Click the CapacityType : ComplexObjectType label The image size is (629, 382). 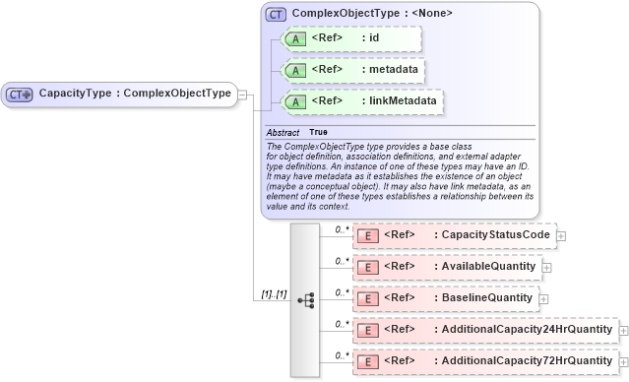pyautogui.click(x=135, y=95)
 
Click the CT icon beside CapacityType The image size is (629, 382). pyautogui.click(x=20, y=95)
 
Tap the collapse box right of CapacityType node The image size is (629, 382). pyautogui.click(x=243, y=95)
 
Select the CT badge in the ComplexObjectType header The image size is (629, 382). pyautogui.click(x=275, y=15)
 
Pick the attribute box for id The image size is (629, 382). pyautogui.click(x=350, y=39)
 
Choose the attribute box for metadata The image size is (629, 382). pyautogui.click(x=350, y=71)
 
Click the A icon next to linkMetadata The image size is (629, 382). pyautogui.click(x=294, y=102)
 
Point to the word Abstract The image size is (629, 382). pyautogui.click(x=283, y=132)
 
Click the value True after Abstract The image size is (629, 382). pyautogui.click(x=319, y=132)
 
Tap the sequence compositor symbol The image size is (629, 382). pyautogui.click(x=305, y=299)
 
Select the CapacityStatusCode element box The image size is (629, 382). pyautogui.click(x=454, y=235)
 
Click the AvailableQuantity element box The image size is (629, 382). pyautogui.click(x=446, y=267)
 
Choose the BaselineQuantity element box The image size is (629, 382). pyautogui.click(x=445, y=297)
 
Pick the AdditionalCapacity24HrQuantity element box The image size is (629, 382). pyautogui.click(x=484, y=330)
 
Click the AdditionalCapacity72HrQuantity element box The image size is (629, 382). pyautogui.click(x=484, y=361)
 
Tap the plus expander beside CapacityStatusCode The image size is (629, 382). pyautogui.click(x=561, y=236)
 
